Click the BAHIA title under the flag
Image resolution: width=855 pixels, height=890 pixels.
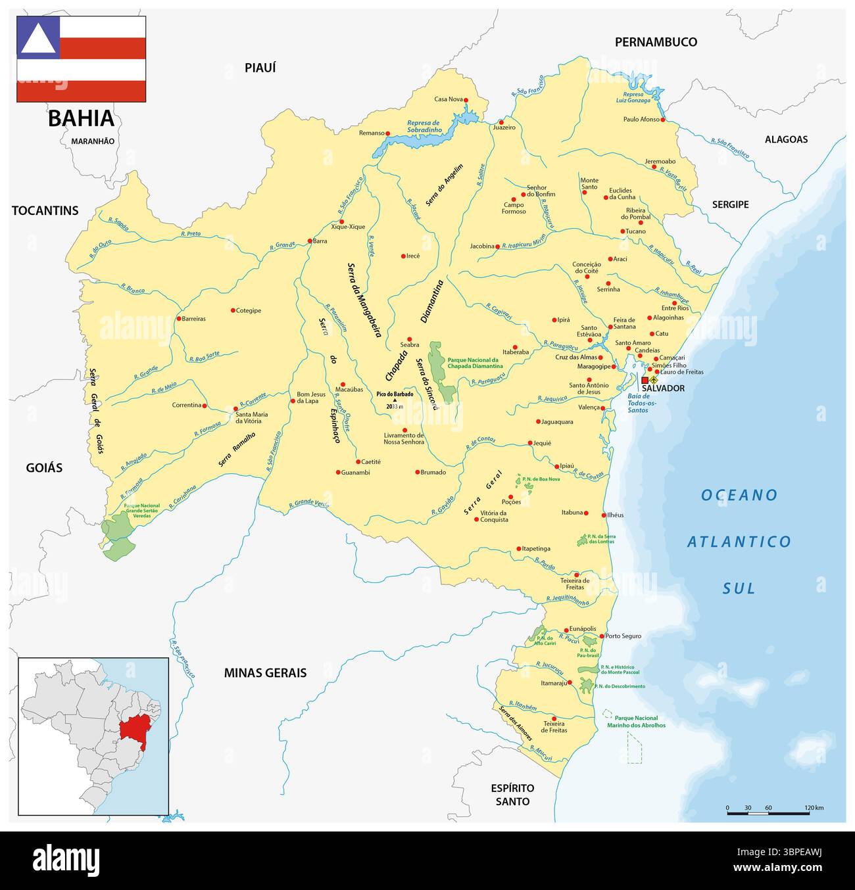coord(81,118)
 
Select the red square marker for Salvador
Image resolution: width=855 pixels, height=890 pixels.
coord(645,380)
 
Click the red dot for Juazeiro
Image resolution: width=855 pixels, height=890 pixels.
coord(501,122)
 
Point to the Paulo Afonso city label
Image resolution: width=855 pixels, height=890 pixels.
coord(641,119)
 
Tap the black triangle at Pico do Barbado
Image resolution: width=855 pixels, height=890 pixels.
coord(395,400)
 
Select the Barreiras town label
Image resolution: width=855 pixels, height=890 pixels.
coord(193,319)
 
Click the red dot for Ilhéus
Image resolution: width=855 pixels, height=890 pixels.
coord(604,515)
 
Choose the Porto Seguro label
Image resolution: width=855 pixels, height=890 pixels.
coord(623,636)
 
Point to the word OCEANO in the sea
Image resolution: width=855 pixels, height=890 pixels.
coord(739,495)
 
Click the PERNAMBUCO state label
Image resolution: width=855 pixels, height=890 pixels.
coord(656,42)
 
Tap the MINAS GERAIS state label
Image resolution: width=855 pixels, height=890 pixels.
coord(265,673)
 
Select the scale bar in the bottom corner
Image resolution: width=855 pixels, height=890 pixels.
coord(768,813)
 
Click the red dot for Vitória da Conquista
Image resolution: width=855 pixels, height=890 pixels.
coord(476,519)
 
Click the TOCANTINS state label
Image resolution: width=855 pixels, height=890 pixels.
coord(45,211)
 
